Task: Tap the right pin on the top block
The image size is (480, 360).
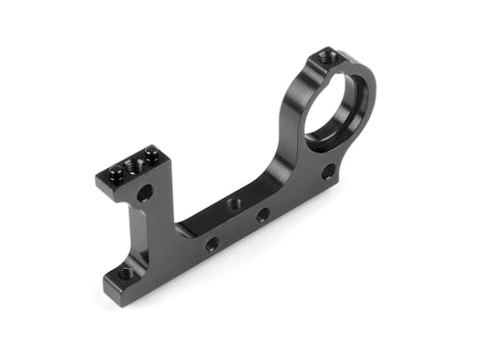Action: click(x=151, y=151)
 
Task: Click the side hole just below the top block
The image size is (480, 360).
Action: click(x=144, y=194)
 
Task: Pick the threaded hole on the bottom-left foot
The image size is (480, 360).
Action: click(x=126, y=274)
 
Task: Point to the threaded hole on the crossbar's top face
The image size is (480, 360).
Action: click(x=232, y=203)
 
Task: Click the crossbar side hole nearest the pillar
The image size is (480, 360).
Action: click(x=211, y=244)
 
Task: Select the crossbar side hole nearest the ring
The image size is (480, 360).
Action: click(x=262, y=216)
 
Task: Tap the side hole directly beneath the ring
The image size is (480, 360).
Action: click(x=328, y=172)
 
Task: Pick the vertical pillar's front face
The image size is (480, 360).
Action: click(x=145, y=232)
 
